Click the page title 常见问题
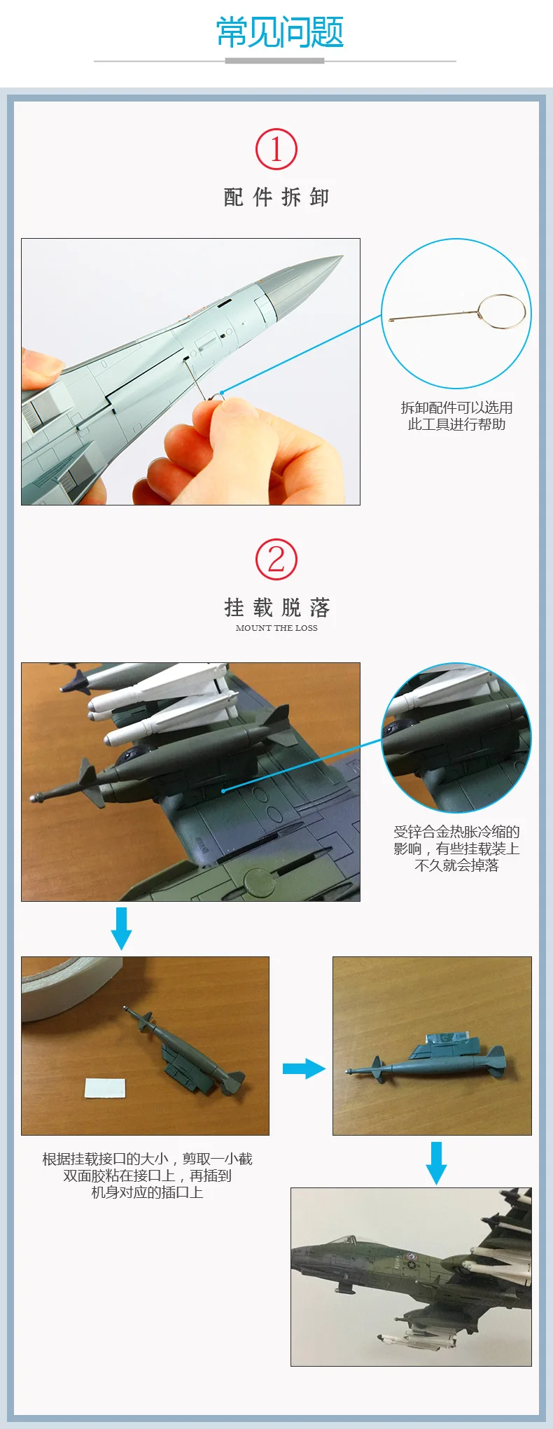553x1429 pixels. pos(280,32)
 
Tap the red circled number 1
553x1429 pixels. pos(276,149)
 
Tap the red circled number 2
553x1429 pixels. pos(276,559)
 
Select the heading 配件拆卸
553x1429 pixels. pos(276,197)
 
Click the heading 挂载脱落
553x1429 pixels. pos(276,607)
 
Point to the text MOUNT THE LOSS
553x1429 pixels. pos(276,628)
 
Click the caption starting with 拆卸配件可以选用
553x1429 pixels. pos(456,416)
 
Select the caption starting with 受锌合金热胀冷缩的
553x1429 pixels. pos(456,849)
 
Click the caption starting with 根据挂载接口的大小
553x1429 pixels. pos(147,1176)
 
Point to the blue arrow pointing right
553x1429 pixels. pos(304,1068)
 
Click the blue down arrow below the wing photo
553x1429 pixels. pos(121,928)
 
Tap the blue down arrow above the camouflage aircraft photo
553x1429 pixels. pos(436,1163)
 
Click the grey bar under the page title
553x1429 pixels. pos(274,61)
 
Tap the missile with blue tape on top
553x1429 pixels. pos(427,1057)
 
